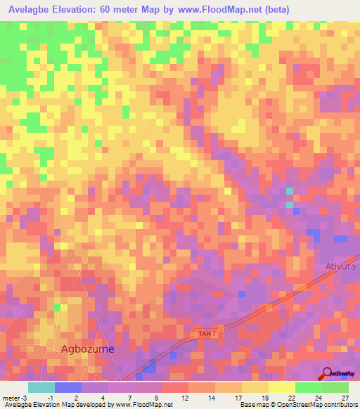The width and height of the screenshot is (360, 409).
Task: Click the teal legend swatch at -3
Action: (41, 387)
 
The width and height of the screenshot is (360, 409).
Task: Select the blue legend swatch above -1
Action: (67, 387)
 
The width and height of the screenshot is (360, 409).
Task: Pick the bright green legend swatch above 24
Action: (309, 387)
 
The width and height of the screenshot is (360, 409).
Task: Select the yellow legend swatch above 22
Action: (281, 387)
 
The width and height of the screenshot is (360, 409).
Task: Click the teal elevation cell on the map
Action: (289, 191)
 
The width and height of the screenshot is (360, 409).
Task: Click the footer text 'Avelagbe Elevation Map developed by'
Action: (56, 405)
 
